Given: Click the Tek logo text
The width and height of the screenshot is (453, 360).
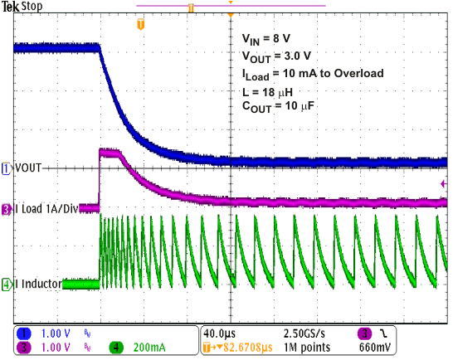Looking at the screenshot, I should pyautogui.click(x=12, y=7).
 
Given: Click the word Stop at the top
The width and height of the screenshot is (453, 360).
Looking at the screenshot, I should pyautogui.click(x=33, y=7).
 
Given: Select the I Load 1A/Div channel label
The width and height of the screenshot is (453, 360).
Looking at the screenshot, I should pyautogui.click(x=51, y=210).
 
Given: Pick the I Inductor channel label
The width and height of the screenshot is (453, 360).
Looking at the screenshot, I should pyautogui.click(x=39, y=285).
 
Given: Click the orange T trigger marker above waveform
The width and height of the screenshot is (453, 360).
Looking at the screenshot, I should pyautogui.click(x=140, y=25).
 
